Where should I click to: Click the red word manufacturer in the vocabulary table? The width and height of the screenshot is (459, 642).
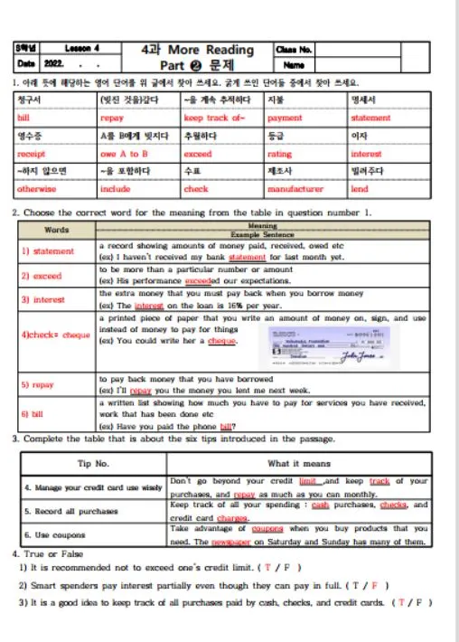(x=295, y=190)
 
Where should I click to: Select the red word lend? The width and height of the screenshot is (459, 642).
(x=359, y=190)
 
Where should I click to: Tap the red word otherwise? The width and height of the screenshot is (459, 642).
(x=36, y=190)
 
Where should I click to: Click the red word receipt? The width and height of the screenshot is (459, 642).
(x=31, y=155)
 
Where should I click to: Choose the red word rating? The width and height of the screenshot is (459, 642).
(x=280, y=155)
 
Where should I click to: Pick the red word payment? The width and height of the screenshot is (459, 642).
(x=285, y=118)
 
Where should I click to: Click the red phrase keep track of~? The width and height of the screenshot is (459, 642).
(x=214, y=118)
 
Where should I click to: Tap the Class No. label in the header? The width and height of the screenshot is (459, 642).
(x=294, y=50)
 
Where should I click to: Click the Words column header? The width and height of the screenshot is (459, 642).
(x=56, y=230)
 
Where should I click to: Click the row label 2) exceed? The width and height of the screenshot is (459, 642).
(x=42, y=276)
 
